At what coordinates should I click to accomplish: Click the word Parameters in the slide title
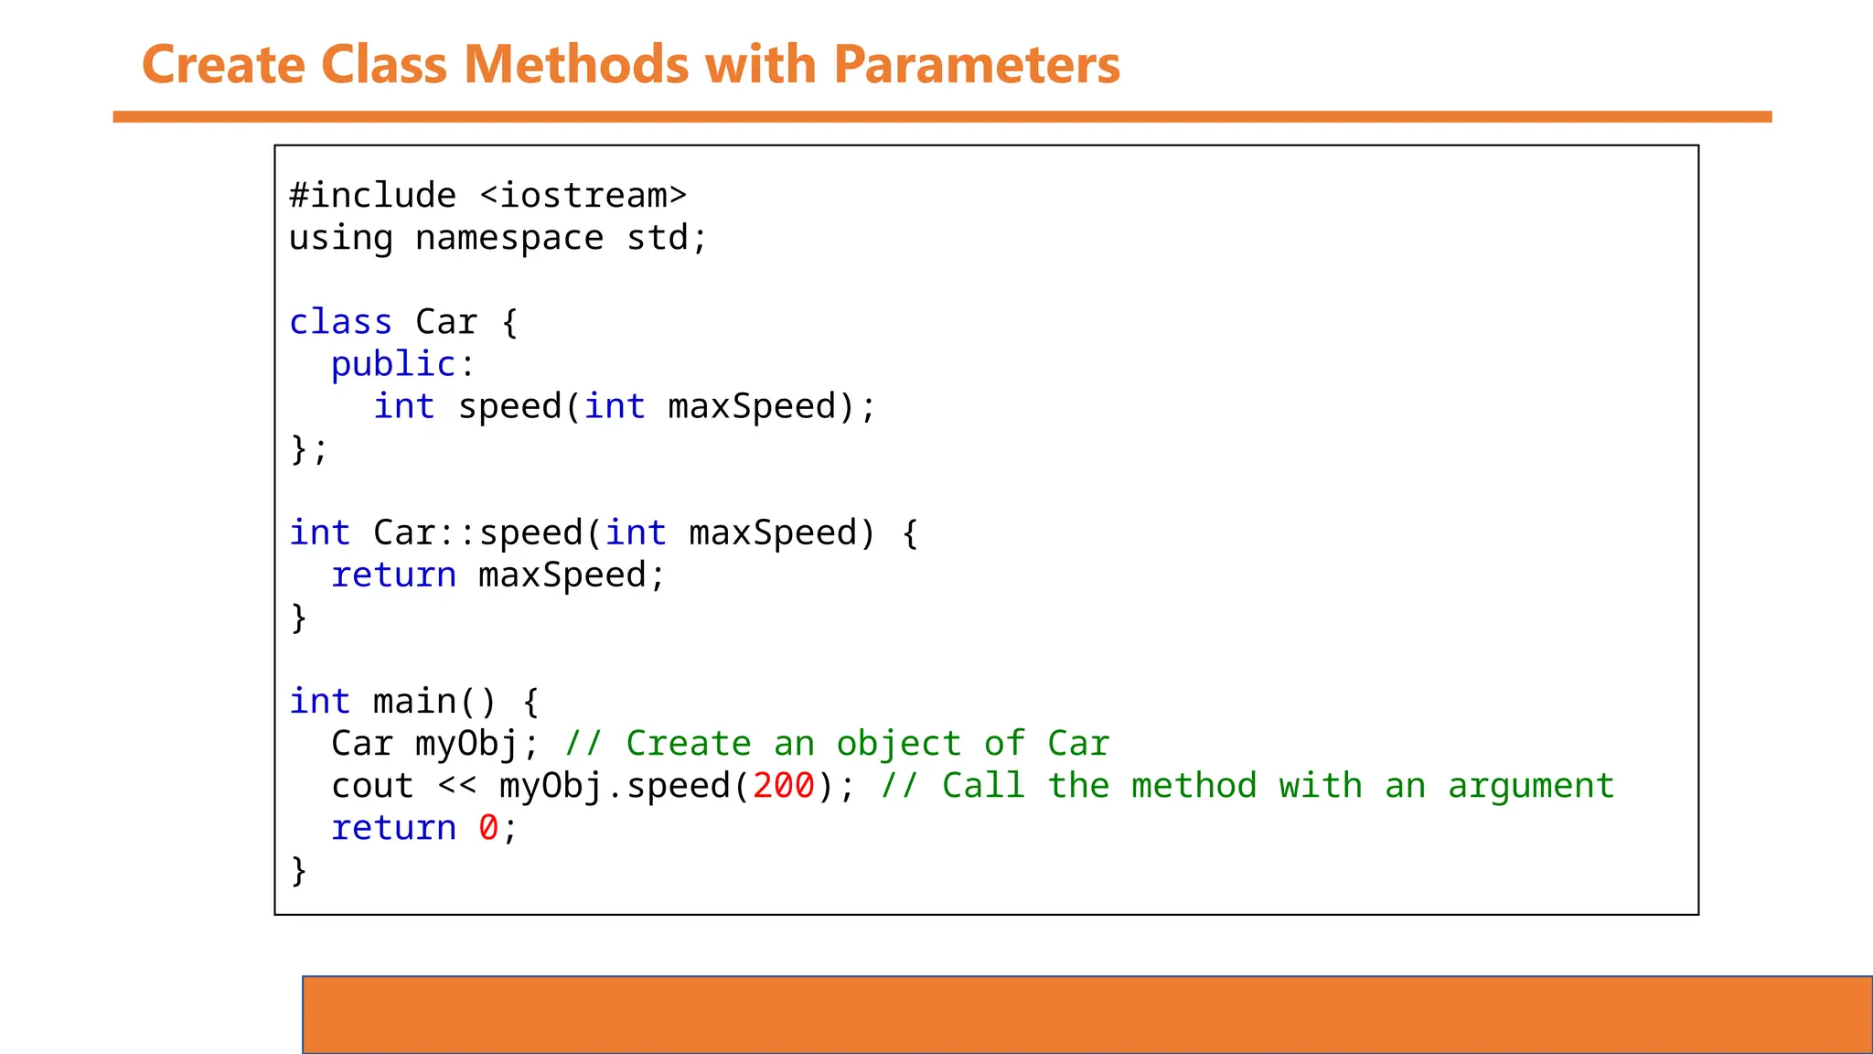click(977, 65)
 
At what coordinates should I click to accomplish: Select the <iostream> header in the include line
click(583, 196)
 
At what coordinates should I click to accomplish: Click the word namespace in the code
click(509, 238)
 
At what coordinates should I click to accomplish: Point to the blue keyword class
click(340, 322)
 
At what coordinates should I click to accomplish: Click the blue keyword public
click(393, 364)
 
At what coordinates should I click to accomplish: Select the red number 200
click(783, 785)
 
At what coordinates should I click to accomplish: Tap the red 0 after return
click(488, 827)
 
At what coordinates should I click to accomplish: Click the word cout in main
click(372, 785)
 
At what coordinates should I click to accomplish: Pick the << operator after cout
click(456, 785)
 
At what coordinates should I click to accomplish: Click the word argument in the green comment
click(1531, 785)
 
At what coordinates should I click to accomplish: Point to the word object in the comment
click(898, 743)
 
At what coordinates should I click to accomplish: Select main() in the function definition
click(434, 701)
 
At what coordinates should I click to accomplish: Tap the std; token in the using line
click(667, 238)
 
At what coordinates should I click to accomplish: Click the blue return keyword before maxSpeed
click(393, 575)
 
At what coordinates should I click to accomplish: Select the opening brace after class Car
click(509, 322)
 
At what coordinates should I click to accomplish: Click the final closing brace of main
click(298, 869)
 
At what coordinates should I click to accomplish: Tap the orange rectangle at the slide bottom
click(1086, 1015)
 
